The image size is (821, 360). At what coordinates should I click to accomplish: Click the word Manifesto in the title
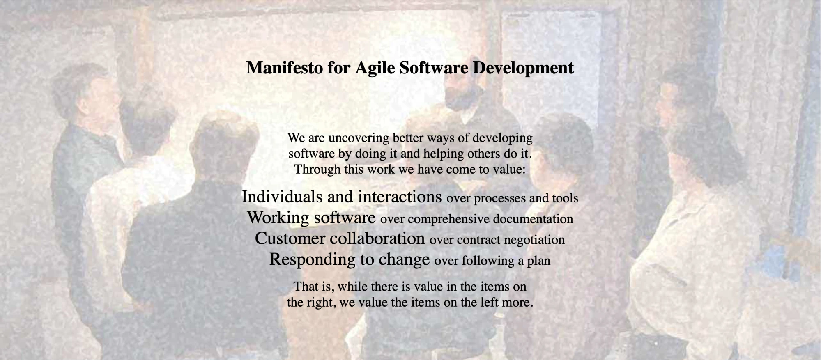tap(284, 68)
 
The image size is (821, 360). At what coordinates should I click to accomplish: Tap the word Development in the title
tap(523, 68)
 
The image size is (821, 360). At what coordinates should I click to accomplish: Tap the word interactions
tap(400, 197)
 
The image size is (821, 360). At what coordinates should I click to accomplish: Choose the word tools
tap(565, 198)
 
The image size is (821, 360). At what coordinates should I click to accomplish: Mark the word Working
tap(278, 218)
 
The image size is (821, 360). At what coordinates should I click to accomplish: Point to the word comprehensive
tap(448, 219)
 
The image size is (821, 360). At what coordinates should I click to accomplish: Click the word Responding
tap(312, 259)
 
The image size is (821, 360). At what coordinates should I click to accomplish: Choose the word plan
tap(538, 261)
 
